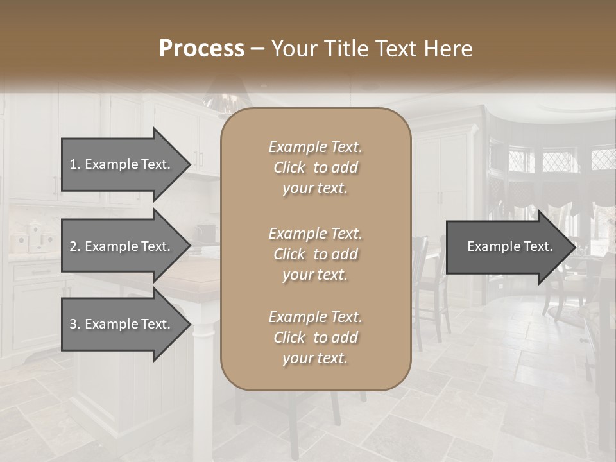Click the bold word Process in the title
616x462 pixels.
201,49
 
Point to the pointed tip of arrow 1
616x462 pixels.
189,164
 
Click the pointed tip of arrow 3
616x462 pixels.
189,324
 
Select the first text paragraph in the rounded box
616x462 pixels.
315,167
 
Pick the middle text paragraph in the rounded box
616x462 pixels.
315,254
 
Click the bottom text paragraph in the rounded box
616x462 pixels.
315,338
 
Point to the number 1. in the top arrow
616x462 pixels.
74,164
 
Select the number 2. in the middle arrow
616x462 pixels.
74,246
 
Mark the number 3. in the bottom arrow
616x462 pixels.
74,324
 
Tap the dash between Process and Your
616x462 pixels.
257,49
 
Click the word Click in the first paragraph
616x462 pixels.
289,167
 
